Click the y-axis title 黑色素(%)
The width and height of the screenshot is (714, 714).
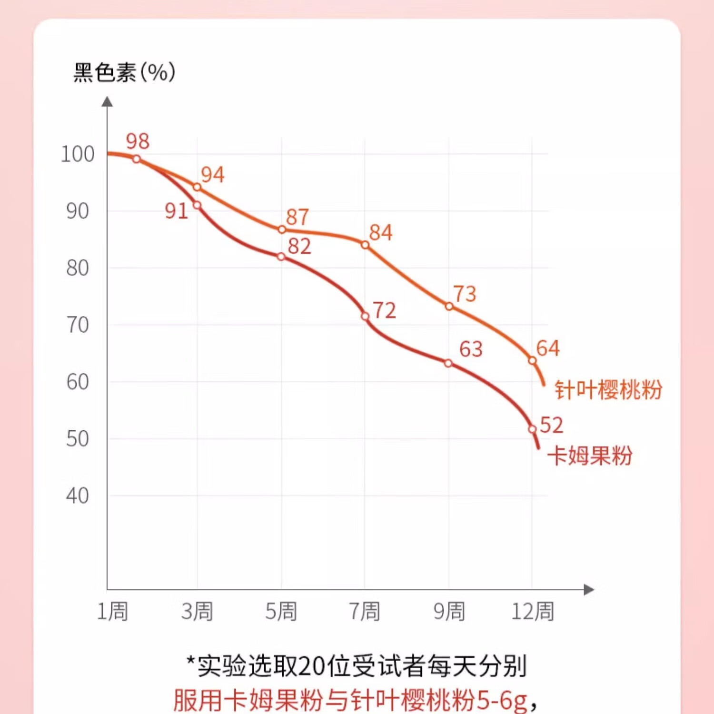(x=124, y=72)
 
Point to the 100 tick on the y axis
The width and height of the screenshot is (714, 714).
(x=78, y=154)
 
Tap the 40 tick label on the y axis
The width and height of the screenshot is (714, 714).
(x=78, y=496)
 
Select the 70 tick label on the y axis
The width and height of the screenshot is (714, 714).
(x=78, y=325)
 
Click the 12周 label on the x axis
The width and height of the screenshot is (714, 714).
(x=533, y=611)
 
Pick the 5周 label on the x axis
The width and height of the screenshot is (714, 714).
(x=281, y=611)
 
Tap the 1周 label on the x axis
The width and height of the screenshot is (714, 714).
(x=113, y=611)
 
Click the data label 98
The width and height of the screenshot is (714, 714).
(x=138, y=141)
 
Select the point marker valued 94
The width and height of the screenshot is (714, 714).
(x=197, y=187)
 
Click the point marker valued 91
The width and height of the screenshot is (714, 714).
(x=197, y=205)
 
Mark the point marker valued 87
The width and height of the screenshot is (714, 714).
(x=282, y=230)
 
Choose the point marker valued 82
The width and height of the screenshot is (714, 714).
(x=281, y=257)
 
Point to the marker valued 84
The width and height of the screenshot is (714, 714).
(x=365, y=245)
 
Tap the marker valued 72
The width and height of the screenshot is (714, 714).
(x=365, y=317)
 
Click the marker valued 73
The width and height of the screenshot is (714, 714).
(x=449, y=307)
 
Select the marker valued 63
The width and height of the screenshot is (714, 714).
(x=448, y=363)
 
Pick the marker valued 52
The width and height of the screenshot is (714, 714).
(x=532, y=429)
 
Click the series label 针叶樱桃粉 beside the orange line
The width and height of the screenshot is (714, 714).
(x=608, y=390)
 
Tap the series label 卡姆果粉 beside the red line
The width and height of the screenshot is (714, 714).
(x=590, y=456)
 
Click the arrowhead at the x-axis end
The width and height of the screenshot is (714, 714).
(x=589, y=589)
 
